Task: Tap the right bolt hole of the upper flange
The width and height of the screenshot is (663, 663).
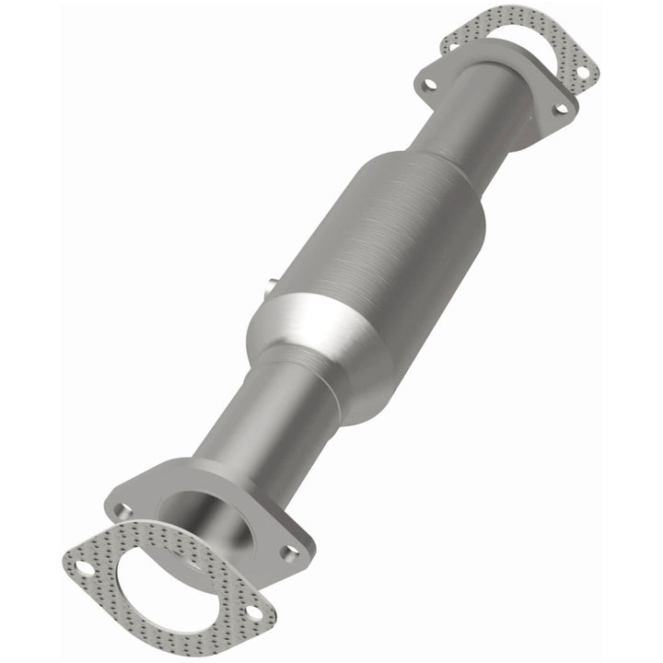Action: tap(558, 110)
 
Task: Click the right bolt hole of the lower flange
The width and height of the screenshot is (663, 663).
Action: tap(291, 552)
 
